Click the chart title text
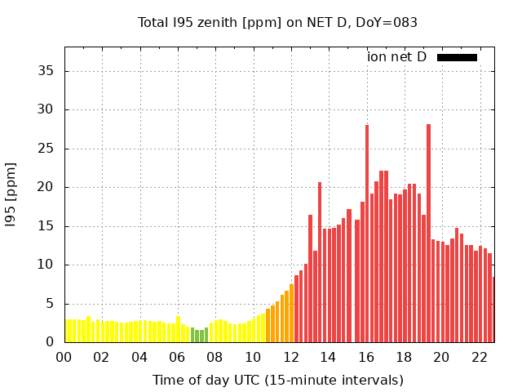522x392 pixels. (x=277, y=22)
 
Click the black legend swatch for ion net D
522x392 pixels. (x=457, y=57)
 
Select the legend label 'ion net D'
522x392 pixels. (x=396, y=57)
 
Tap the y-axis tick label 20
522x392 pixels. (x=47, y=187)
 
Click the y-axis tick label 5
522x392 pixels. (x=51, y=304)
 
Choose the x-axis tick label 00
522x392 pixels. (x=64, y=358)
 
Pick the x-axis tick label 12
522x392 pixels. (x=290, y=358)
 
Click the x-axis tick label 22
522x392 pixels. (x=479, y=358)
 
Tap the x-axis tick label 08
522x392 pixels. (x=215, y=358)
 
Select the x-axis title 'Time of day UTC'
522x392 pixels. (x=278, y=381)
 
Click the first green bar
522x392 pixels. (x=192, y=335)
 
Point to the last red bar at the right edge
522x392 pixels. (x=493, y=310)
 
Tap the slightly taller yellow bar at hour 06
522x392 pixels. (x=178, y=329)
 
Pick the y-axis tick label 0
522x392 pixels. (x=51, y=342)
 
